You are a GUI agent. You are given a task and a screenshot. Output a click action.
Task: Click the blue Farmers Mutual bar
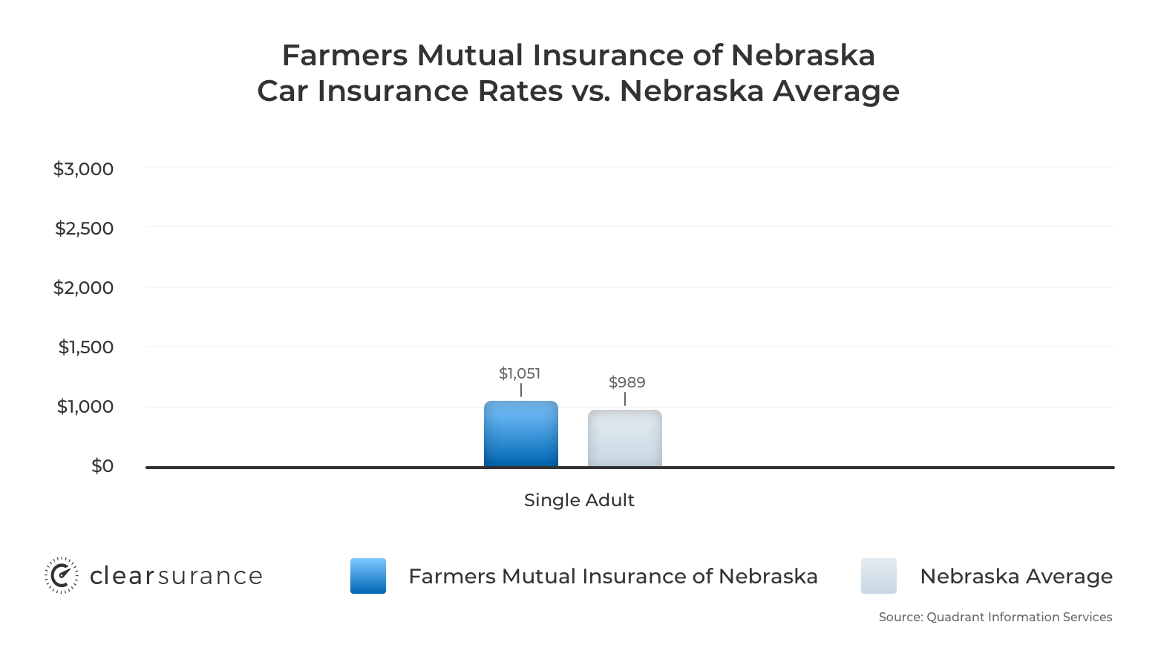(x=520, y=434)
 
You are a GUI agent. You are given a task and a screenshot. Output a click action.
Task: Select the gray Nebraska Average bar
(x=624, y=439)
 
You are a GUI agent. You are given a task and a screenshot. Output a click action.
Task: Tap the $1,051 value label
(x=520, y=373)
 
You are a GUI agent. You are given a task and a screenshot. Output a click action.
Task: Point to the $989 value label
(x=627, y=382)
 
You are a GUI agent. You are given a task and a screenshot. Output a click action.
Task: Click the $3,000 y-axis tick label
(x=83, y=169)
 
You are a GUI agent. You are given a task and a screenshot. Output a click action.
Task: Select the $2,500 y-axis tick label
(x=84, y=229)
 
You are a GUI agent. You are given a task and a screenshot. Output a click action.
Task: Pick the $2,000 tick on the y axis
(x=83, y=288)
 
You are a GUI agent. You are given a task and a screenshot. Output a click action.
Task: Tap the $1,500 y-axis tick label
(x=85, y=347)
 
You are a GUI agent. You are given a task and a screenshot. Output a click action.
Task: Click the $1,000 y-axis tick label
(x=85, y=407)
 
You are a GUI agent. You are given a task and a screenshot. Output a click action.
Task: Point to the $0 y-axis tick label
(x=102, y=466)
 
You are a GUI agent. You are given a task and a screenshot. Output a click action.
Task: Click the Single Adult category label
(x=579, y=500)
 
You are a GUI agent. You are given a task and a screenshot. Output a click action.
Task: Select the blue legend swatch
(x=368, y=576)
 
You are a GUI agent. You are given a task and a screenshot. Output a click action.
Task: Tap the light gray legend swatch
(x=879, y=576)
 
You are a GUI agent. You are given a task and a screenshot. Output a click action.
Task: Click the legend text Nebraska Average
(x=1015, y=577)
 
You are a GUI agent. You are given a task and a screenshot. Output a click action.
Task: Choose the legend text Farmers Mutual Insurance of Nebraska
(x=612, y=577)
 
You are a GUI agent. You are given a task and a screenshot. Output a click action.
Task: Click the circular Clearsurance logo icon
(x=61, y=576)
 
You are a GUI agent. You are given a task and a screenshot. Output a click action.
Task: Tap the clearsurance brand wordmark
(x=176, y=577)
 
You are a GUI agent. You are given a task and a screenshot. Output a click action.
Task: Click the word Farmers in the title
(x=344, y=56)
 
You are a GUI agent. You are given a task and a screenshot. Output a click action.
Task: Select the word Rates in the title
(x=520, y=91)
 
